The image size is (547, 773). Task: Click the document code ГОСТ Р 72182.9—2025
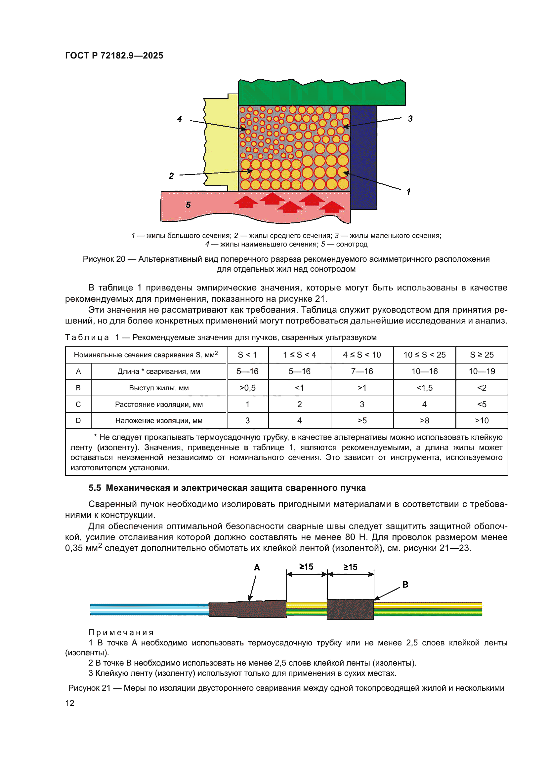point(114,56)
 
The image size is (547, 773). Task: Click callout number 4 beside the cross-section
point(180,119)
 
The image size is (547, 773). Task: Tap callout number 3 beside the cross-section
point(410,119)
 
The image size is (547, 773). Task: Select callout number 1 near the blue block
point(408,192)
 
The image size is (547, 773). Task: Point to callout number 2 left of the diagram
point(171,176)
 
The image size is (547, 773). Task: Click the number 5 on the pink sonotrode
point(188,205)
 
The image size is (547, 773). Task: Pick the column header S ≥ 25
point(481,355)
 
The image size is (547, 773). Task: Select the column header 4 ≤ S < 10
point(362,355)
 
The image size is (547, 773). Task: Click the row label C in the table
point(78,404)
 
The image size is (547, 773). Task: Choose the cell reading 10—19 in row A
point(481,371)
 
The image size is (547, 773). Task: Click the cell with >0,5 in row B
point(247,388)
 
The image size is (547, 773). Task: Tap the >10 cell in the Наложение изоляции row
point(481,420)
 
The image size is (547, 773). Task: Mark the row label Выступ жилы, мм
point(159,388)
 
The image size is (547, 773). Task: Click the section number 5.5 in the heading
point(95,487)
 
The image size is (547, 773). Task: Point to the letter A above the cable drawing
point(257,568)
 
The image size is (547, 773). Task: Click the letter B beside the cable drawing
point(405,585)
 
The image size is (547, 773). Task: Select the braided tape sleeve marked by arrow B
point(350,609)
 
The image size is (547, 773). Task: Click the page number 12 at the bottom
point(70,703)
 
